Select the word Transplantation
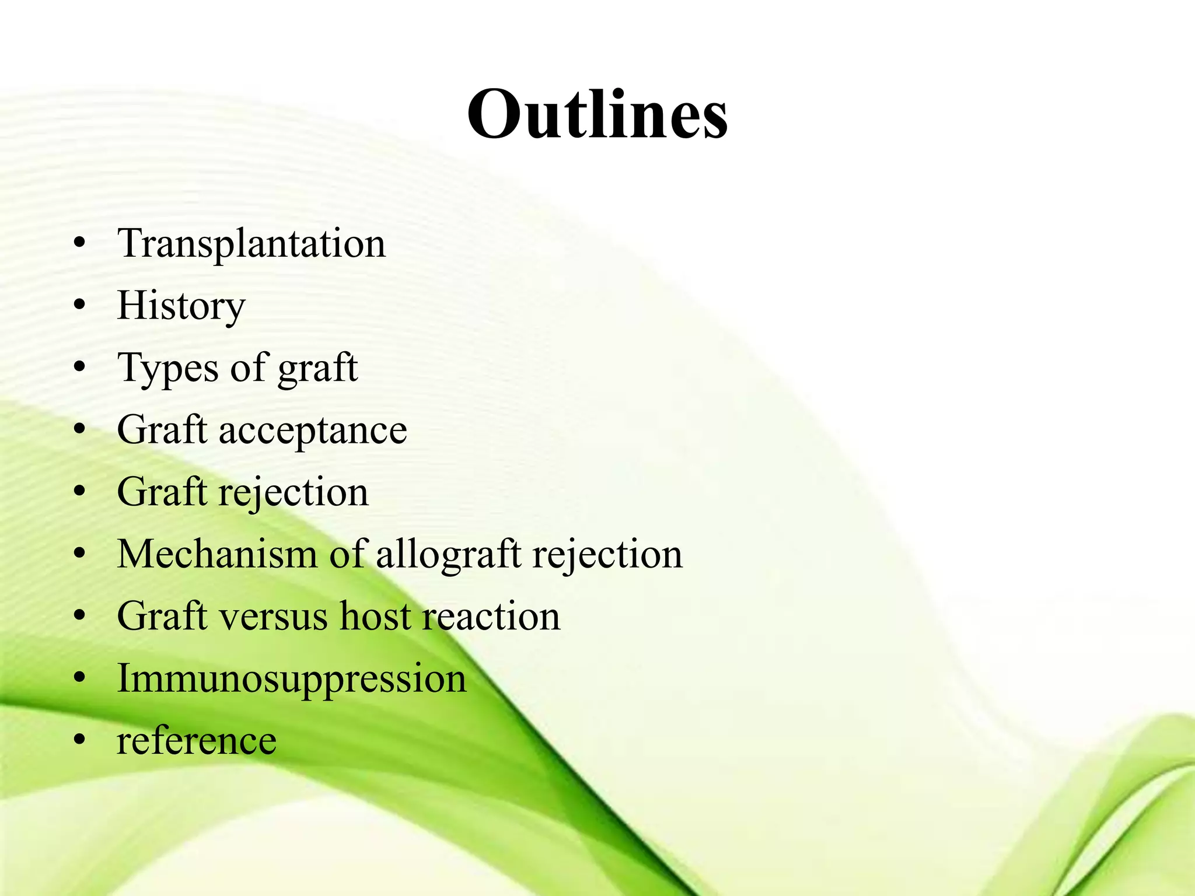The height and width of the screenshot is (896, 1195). click(251, 243)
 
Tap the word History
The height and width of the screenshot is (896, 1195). click(181, 306)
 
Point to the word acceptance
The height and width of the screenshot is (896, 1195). click(313, 430)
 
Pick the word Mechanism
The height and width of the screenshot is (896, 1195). click(217, 554)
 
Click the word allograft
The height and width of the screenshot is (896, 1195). click(448, 554)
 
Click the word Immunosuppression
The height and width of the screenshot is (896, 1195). click(292, 679)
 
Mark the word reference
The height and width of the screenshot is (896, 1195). click(197, 741)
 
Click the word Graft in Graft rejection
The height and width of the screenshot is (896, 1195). click(162, 492)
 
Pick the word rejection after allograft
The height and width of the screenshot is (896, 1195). click(607, 554)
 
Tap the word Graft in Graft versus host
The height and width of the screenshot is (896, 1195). click(162, 617)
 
